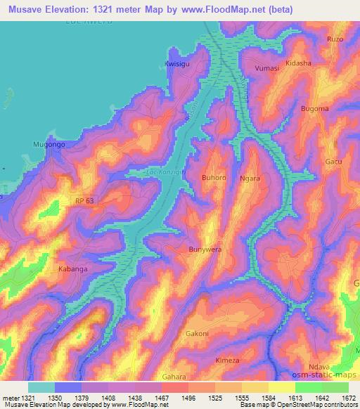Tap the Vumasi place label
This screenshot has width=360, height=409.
pyautogui.click(x=266, y=67)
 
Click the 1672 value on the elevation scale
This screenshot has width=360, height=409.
pyautogui.click(x=348, y=398)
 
